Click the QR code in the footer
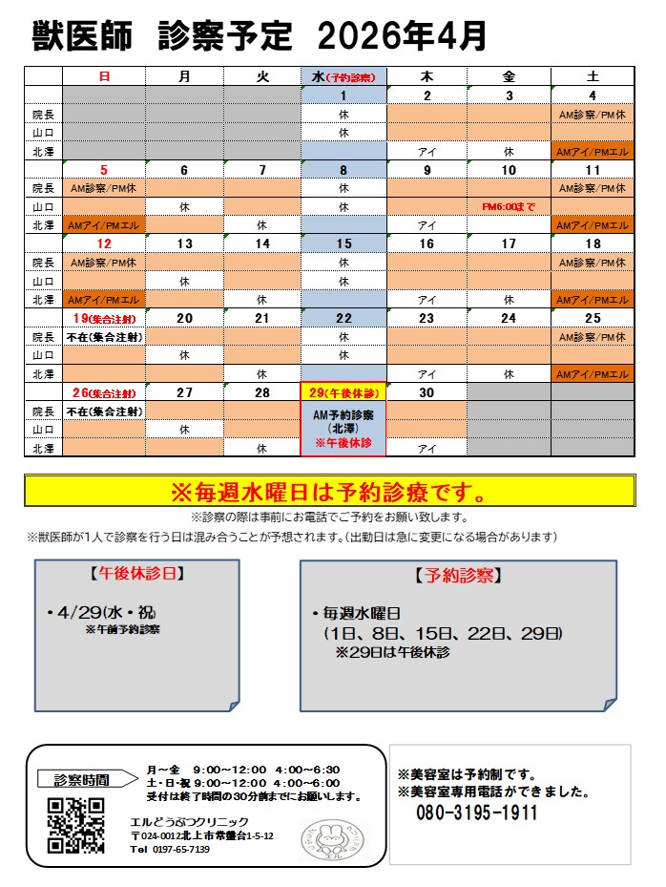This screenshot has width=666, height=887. [x=75, y=824]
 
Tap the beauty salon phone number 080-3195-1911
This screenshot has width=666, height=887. [x=476, y=813]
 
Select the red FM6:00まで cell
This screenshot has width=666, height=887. [x=509, y=206]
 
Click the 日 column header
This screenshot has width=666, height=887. [x=103, y=76]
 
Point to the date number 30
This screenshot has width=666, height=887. [x=427, y=392]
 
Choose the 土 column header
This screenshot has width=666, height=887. [x=592, y=76]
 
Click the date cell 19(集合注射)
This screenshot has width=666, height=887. [x=103, y=318]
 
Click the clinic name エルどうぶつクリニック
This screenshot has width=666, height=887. [x=190, y=821]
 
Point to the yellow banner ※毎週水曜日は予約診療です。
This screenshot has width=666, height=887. [x=329, y=494]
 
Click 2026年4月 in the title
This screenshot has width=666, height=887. [x=402, y=36]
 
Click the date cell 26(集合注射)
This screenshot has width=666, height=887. [x=103, y=392]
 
